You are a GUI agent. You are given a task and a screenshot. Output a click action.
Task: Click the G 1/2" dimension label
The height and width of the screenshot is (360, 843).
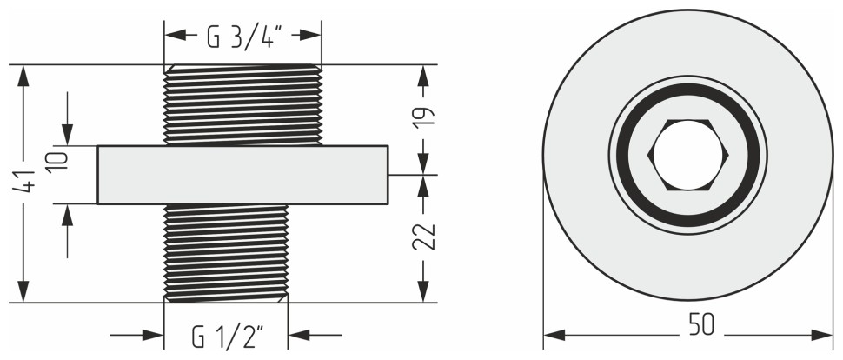pyautogui.click(x=227, y=335)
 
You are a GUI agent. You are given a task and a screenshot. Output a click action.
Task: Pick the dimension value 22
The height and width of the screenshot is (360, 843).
pyautogui.click(x=423, y=237)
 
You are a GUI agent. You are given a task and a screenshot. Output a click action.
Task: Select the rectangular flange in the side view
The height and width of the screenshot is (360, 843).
pyautogui.click(x=242, y=175)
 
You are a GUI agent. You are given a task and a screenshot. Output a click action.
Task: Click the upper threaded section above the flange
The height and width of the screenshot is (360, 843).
pyautogui.click(x=242, y=105)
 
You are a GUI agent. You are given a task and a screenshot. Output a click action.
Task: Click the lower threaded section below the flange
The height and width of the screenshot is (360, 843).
pyautogui.click(x=226, y=252)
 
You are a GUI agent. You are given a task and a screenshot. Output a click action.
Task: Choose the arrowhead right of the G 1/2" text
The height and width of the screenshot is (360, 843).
pyautogui.click(x=300, y=335)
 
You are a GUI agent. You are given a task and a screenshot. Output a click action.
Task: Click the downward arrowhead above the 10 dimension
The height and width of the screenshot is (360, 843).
pyautogui.click(x=67, y=134)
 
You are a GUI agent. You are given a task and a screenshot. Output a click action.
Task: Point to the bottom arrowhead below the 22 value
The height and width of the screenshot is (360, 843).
pyautogui.click(x=423, y=291)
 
